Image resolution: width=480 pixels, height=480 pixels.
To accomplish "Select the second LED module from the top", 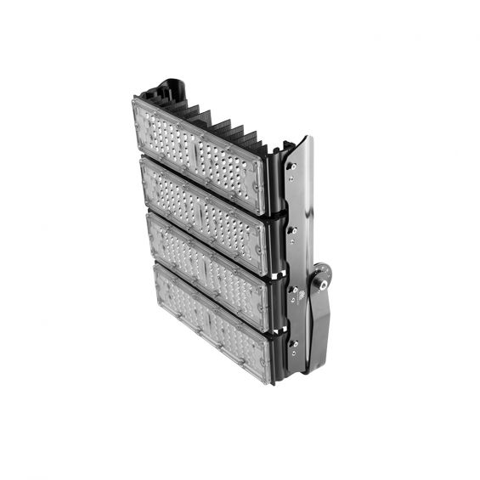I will click(205, 212).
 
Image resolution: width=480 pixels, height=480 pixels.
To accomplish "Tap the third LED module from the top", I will click(209, 268).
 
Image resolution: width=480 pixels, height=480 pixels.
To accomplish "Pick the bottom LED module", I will click(213, 324).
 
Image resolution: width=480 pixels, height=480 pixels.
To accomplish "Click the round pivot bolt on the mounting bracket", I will click(320, 276).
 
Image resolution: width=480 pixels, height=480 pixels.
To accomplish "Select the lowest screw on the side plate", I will click(294, 344).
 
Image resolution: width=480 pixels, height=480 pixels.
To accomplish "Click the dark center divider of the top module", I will click(196, 153).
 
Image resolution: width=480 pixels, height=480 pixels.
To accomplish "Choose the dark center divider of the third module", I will click(206, 268).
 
